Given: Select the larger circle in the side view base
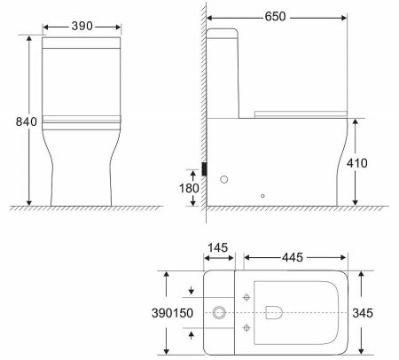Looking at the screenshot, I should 223,180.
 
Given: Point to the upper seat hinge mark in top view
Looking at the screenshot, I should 246,294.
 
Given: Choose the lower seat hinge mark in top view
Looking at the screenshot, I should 246,328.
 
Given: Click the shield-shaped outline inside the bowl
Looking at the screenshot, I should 274,311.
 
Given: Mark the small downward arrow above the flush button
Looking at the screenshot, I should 192,291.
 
